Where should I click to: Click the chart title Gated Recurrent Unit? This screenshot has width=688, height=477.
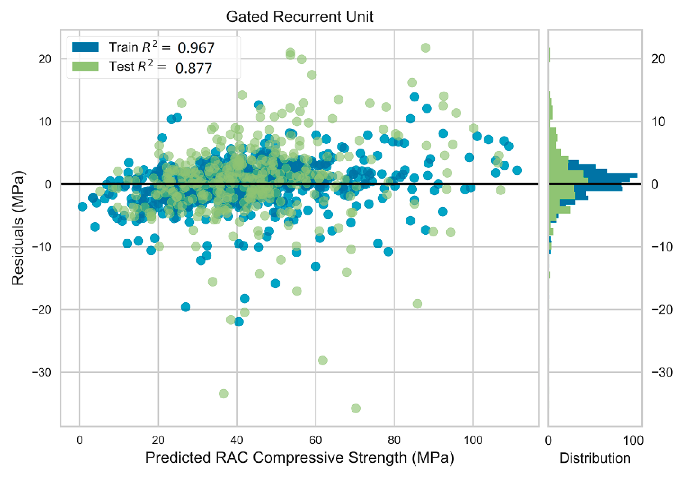click(299, 17)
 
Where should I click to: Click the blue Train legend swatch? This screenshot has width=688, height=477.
click(85, 47)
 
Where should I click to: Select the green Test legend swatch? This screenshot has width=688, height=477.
click(85, 66)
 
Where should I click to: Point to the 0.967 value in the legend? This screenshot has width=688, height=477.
click(196, 48)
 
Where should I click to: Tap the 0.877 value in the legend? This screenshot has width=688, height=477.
click(194, 68)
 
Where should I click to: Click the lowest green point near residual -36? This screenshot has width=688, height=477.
click(356, 408)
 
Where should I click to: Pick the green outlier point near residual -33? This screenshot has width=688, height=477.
click(223, 393)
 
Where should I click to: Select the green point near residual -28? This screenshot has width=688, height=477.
click(322, 360)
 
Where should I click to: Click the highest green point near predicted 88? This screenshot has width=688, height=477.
click(425, 48)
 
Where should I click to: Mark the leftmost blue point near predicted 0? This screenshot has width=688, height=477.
click(82, 207)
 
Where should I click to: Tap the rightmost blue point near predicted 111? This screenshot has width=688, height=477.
click(517, 170)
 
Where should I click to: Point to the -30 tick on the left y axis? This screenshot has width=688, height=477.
click(42, 373)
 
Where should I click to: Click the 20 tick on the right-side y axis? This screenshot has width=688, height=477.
click(658, 59)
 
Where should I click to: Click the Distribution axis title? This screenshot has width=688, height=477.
click(595, 458)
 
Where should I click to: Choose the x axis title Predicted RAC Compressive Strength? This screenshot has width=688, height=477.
click(299, 458)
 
